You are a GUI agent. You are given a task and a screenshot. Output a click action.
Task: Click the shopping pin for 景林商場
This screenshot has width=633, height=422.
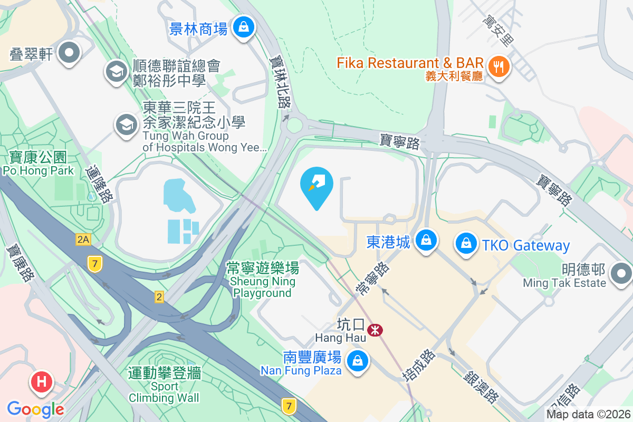[244, 26]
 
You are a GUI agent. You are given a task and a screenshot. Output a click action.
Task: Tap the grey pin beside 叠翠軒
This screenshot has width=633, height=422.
[69, 53]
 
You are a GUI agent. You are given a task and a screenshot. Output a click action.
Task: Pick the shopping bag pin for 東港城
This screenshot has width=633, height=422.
[425, 241]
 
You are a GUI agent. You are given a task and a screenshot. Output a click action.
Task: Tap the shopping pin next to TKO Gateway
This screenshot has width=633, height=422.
[466, 244]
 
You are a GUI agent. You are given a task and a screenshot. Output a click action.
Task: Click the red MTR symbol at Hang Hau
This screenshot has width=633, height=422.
[375, 331]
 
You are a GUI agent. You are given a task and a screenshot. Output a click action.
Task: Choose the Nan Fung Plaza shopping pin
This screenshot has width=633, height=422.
[358, 361]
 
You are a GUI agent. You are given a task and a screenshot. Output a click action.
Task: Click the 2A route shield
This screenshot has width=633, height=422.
[83, 240]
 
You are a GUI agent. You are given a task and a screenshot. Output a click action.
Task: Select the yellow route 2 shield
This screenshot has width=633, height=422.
[159, 298]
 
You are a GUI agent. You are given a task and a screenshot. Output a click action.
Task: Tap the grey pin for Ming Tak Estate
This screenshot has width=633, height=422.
[621, 274]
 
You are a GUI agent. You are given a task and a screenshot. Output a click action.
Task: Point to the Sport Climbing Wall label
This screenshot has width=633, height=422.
[164, 385]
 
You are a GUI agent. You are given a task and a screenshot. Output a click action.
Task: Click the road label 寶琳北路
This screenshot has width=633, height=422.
[281, 82]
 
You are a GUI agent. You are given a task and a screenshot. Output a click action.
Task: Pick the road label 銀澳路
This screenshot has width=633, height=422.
[481, 386]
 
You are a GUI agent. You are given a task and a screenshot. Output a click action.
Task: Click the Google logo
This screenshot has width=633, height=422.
[35, 409]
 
